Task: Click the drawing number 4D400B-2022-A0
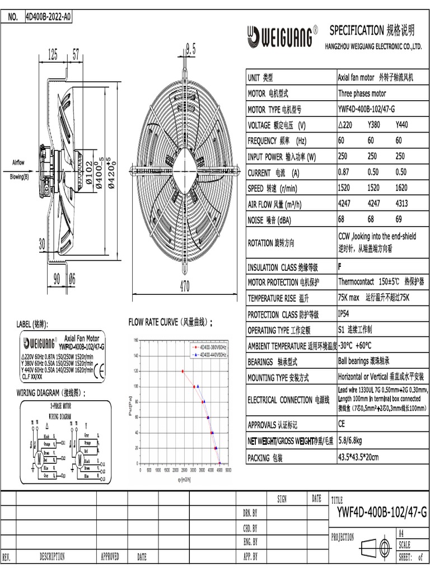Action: point(49,17)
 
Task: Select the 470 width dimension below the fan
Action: point(185,286)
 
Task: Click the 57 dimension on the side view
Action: point(76,55)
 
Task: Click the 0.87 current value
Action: point(345,172)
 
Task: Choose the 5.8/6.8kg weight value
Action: point(353,442)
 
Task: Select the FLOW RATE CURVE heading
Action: point(170,322)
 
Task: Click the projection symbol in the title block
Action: point(376,546)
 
